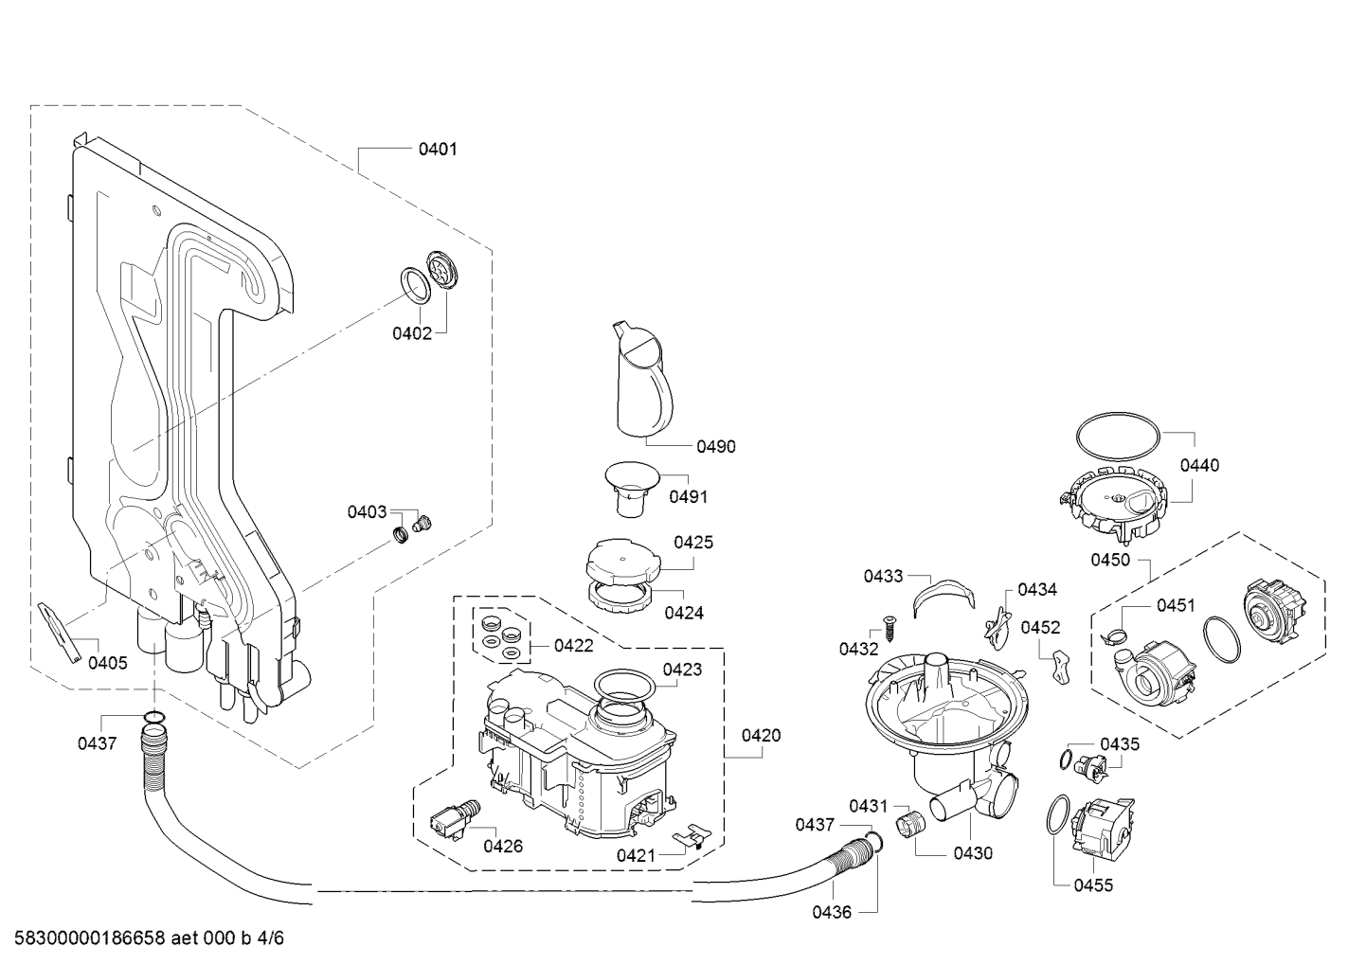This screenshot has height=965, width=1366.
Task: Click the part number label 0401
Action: pyautogui.click(x=438, y=149)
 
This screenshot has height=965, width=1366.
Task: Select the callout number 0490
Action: pyautogui.click(x=716, y=446)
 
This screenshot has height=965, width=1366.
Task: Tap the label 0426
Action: pyautogui.click(x=503, y=846)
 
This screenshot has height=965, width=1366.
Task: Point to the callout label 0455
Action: pyautogui.click(x=1093, y=885)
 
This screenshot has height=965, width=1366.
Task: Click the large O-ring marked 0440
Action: pyautogui.click(x=1119, y=416)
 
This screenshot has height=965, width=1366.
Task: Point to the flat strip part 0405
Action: pyautogui.click(x=59, y=633)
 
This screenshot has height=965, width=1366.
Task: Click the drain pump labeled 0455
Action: pyautogui.click(x=1102, y=830)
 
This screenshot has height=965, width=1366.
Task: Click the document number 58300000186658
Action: pyautogui.click(x=90, y=938)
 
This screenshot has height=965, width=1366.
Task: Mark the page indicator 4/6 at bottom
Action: pyautogui.click(x=270, y=938)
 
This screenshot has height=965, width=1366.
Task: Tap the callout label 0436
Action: pyautogui.click(x=832, y=912)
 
